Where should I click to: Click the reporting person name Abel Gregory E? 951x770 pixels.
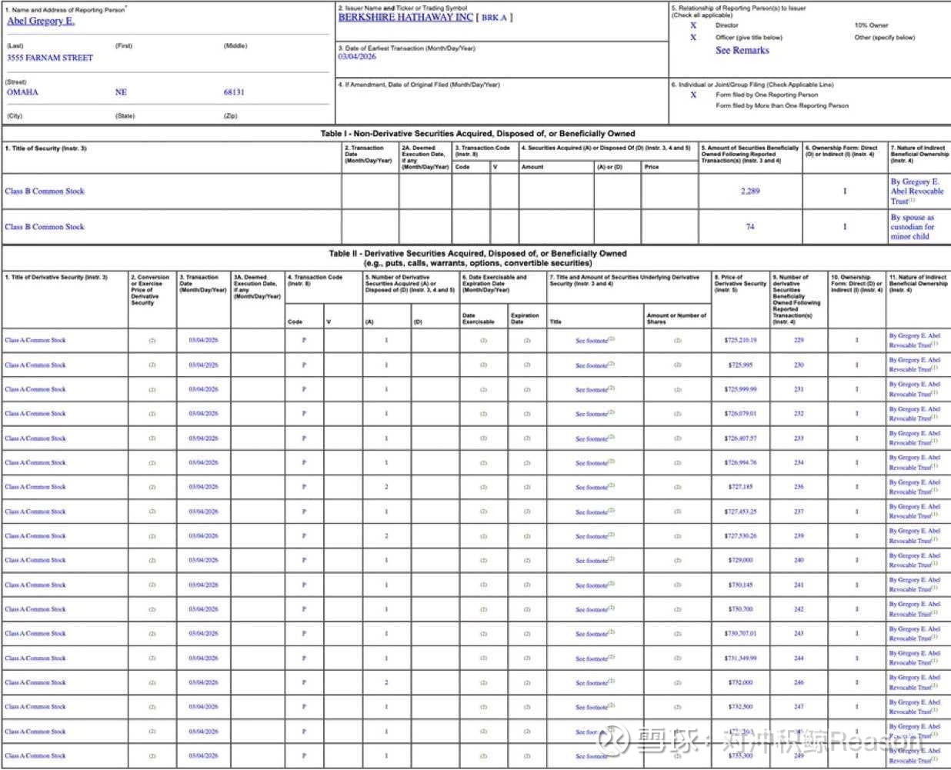pyautogui.click(x=41, y=21)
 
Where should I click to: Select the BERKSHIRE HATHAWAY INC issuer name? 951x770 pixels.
pyautogui.click(x=405, y=17)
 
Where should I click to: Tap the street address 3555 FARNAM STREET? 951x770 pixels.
pyautogui.click(x=50, y=58)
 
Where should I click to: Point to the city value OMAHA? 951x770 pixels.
pyautogui.click(x=22, y=92)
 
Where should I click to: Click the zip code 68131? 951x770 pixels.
pyautogui.click(x=234, y=92)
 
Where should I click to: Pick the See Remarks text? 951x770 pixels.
pyautogui.click(x=742, y=50)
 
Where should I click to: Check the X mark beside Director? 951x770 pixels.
pyautogui.click(x=693, y=25)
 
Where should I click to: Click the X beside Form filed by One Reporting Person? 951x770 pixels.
pyautogui.click(x=693, y=95)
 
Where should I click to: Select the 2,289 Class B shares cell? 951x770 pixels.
pyautogui.click(x=750, y=191)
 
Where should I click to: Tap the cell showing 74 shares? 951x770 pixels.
pyautogui.click(x=750, y=227)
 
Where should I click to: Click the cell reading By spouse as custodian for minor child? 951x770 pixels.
pyautogui.click(x=913, y=227)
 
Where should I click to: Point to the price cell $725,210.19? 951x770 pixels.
pyautogui.click(x=740, y=340)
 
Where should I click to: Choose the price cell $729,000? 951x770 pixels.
pyautogui.click(x=740, y=560)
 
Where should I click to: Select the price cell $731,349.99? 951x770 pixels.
pyautogui.click(x=740, y=658)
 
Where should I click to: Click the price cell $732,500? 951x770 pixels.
pyautogui.click(x=740, y=706)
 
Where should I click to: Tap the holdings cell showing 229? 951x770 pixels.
pyautogui.click(x=799, y=340)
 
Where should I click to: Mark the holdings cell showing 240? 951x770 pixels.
pyautogui.click(x=799, y=560)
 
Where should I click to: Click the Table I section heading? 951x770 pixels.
pyautogui.click(x=477, y=134)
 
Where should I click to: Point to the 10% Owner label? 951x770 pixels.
pyautogui.click(x=871, y=25)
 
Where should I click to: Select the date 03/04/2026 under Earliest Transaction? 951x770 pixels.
pyautogui.click(x=357, y=57)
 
